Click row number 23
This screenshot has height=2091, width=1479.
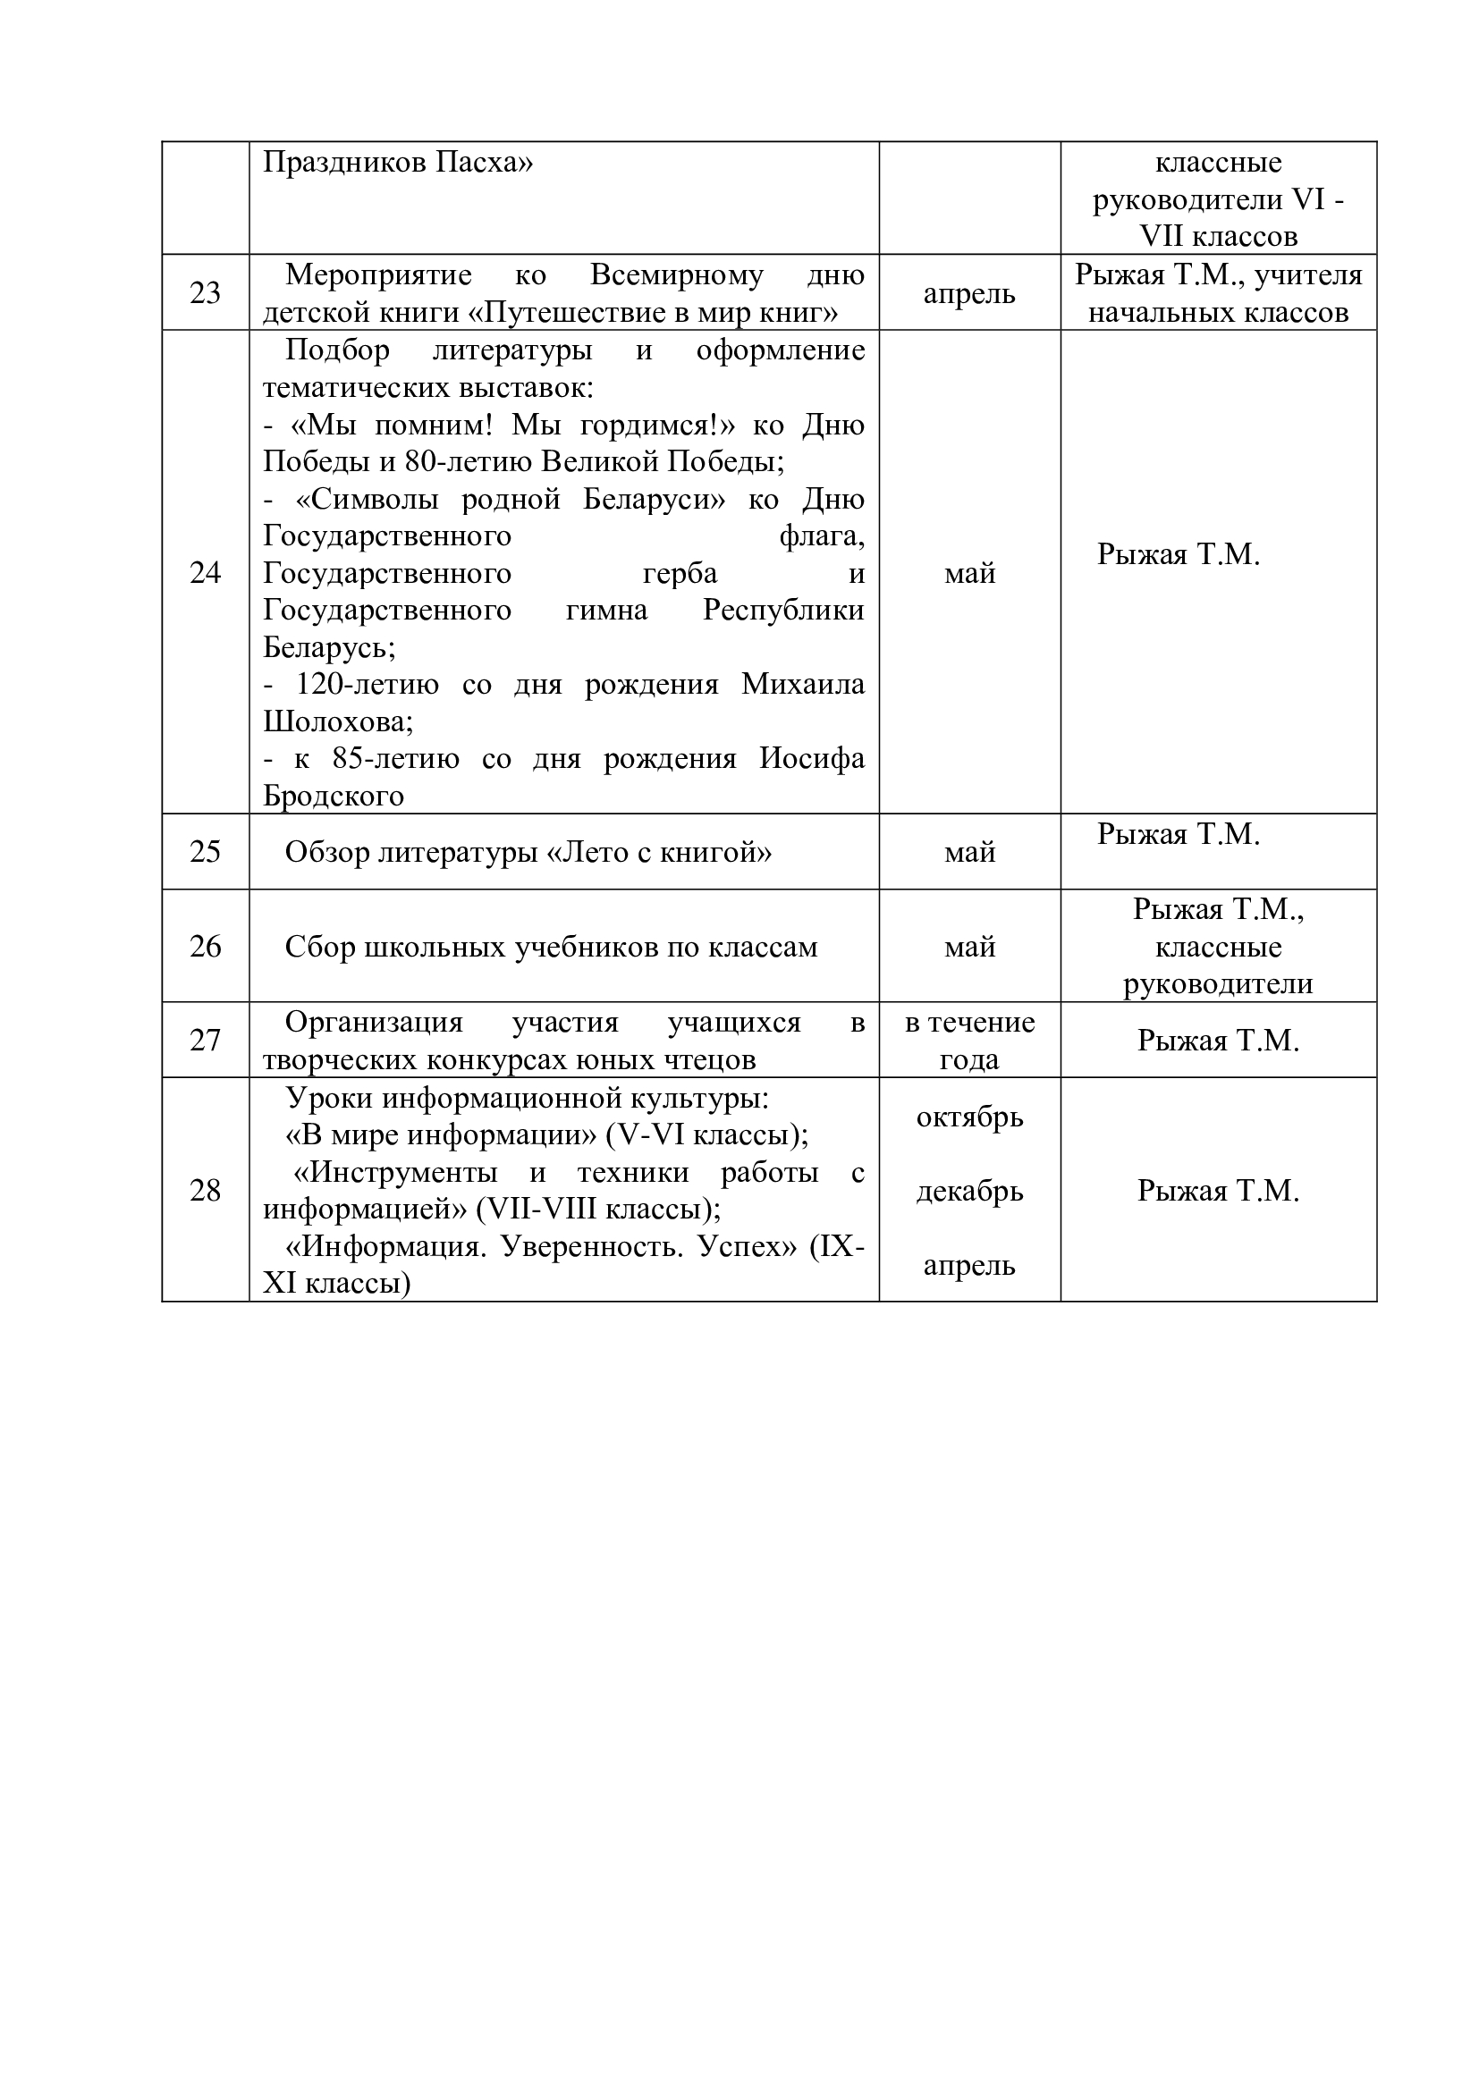pyautogui.click(x=205, y=292)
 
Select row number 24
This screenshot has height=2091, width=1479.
pyautogui.click(x=205, y=572)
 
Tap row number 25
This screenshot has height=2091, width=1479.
pyautogui.click(x=205, y=852)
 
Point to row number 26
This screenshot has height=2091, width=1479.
pyautogui.click(x=205, y=946)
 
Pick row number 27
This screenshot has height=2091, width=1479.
pyautogui.click(x=205, y=1040)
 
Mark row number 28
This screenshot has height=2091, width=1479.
pyautogui.click(x=205, y=1190)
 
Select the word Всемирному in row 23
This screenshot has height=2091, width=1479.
pyautogui.click(x=676, y=274)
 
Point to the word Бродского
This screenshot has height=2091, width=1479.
pyautogui.click(x=334, y=796)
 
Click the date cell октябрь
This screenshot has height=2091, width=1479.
pyautogui.click(x=969, y=1117)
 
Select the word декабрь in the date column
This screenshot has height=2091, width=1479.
pyautogui.click(x=969, y=1191)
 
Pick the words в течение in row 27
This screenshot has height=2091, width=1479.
pyautogui.click(x=969, y=1023)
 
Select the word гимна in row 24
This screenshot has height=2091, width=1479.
pyautogui.click(x=605, y=611)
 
